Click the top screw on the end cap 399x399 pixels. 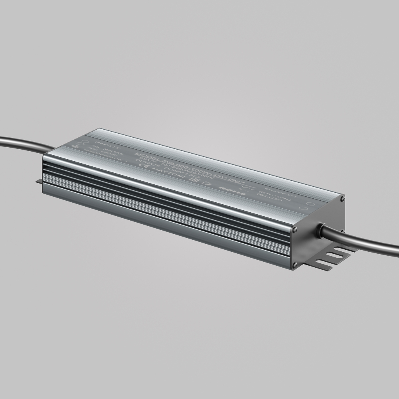(342, 197)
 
